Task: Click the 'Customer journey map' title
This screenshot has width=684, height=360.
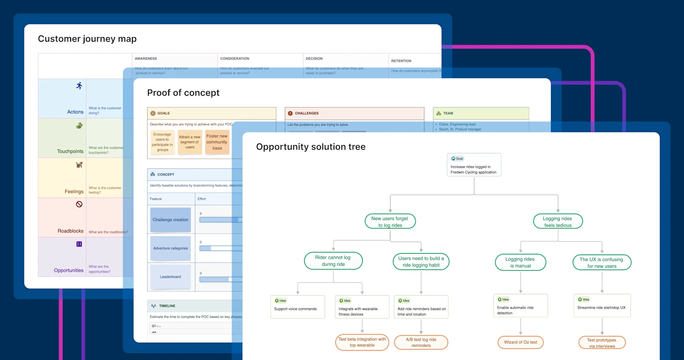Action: tap(87, 39)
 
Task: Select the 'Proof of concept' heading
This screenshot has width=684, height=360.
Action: tap(183, 93)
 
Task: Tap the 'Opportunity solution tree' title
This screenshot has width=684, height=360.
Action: tap(310, 147)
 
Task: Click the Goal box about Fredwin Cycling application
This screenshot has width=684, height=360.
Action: tap(474, 165)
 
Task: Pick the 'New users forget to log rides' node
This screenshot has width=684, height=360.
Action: tap(390, 221)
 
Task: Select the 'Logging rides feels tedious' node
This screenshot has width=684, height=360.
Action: tap(558, 221)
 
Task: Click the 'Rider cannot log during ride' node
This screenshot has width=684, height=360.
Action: tap(333, 261)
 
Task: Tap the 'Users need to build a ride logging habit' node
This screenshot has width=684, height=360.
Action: tap(421, 261)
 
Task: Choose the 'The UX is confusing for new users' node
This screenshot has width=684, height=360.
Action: tap(602, 262)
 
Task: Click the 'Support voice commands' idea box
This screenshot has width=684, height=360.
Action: tap(297, 307)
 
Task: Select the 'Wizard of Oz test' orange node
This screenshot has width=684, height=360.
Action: tap(521, 342)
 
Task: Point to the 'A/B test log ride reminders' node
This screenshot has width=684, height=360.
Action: tap(421, 342)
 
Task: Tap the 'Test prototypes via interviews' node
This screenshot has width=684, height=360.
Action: tap(602, 343)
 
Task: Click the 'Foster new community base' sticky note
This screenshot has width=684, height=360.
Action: tap(217, 142)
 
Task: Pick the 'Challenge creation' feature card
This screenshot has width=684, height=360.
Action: tap(171, 220)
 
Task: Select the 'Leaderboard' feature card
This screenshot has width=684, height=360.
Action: tap(171, 277)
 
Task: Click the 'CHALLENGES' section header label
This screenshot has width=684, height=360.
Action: tap(306, 113)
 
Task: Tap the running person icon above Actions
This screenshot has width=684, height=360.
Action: tap(79, 85)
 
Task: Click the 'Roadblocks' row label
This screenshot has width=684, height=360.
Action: tap(71, 231)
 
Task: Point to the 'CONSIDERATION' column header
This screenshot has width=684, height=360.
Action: tap(234, 58)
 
